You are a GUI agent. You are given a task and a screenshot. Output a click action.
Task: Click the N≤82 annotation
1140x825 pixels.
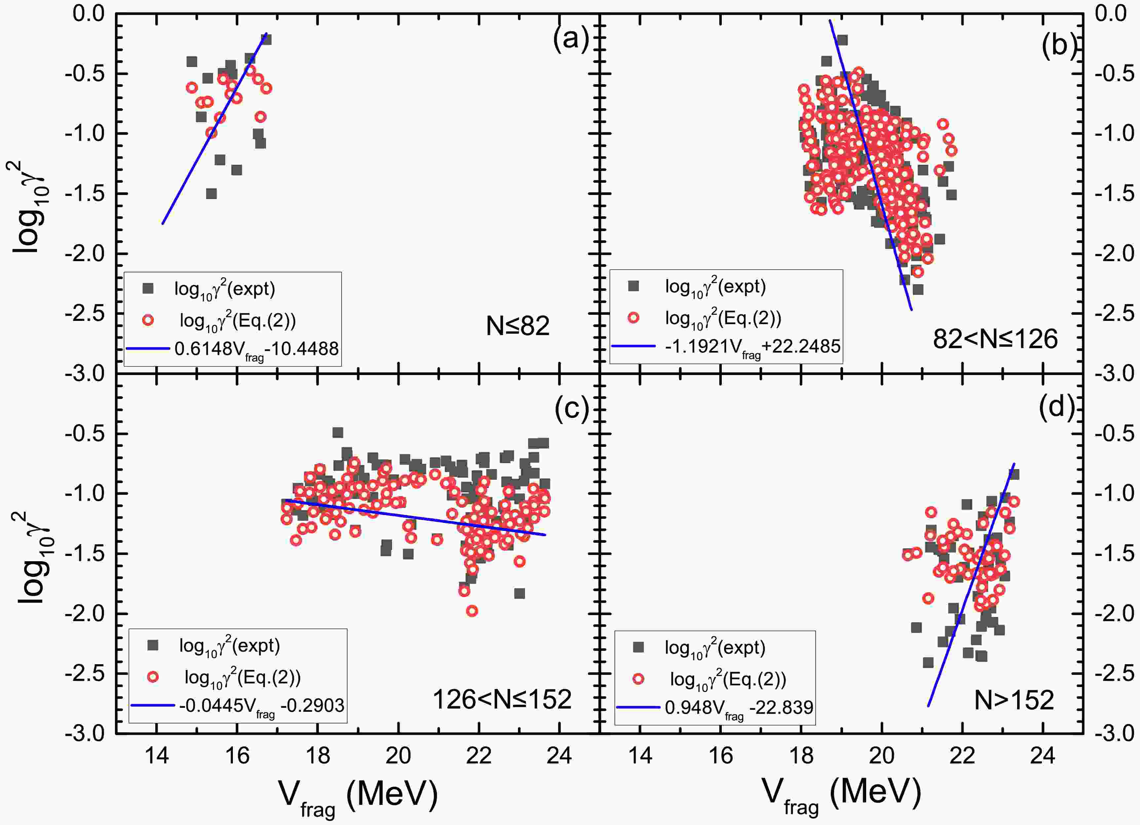tap(518, 326)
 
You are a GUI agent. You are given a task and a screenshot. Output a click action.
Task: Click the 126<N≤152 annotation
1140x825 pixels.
tap(502, 700)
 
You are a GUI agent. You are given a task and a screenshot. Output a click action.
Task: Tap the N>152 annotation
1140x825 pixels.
tap(1014, 700)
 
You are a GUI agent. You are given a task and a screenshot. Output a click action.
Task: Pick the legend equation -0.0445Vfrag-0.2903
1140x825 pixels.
tap(261, 706)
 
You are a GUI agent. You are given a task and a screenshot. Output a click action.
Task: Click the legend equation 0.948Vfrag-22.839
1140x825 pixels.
tap(739, 708)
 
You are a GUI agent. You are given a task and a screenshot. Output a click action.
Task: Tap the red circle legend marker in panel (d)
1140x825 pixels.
tap(638, 679)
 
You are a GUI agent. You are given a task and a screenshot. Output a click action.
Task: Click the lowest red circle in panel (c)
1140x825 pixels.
tap(471, 611)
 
